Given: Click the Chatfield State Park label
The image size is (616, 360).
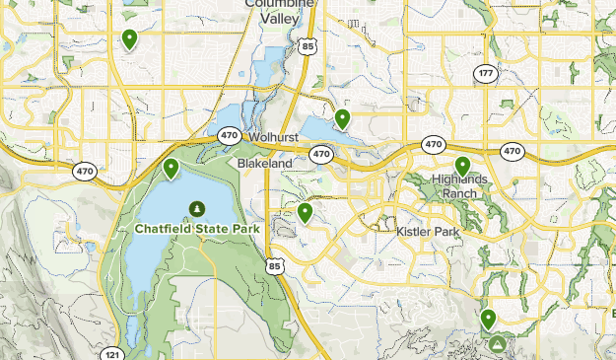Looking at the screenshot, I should click(x=196, y=228).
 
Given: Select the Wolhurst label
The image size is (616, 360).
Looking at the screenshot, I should click(x=273, y=137).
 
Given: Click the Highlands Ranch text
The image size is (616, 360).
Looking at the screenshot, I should click(x=459, y=185).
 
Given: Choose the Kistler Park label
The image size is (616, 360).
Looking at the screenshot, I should click(x=429, y=231).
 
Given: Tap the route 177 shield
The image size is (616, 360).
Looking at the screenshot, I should click(x=485, y=74).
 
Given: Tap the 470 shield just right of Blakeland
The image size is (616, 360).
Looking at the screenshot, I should click(x=321, y=154).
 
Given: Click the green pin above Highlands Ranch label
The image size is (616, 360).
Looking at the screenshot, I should click(x=462, y=166).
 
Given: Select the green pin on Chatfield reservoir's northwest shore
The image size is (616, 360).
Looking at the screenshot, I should click(x=171, y=168).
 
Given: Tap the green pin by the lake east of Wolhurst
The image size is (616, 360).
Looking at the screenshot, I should click(x=342, y=118).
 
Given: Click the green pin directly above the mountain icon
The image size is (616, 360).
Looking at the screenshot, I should click(x=489, y=319).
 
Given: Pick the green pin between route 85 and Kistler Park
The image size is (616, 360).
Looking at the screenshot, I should click(x=306, y=211).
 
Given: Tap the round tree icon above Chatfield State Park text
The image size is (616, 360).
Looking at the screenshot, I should click(x=197, y=208).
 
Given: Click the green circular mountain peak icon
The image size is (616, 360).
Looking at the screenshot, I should click(x=498, y=344).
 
